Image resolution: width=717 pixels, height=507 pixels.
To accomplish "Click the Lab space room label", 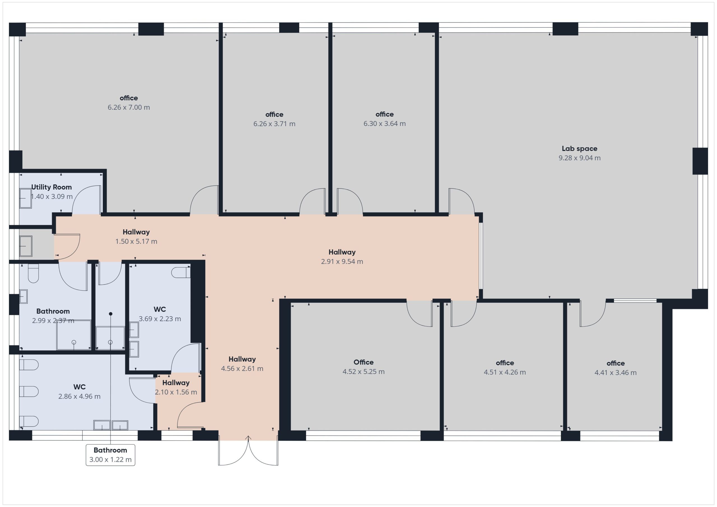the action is pyautogui.click(x=579, y=149).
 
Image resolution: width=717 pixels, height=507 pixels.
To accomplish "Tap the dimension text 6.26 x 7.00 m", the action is pyautogui.click(x=129, y=108).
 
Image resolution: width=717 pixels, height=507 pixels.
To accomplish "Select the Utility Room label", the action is pyautogui.click(x=52, y=187).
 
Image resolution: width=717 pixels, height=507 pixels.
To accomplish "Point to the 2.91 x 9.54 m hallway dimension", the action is pyautogui.click(x=342, y=261).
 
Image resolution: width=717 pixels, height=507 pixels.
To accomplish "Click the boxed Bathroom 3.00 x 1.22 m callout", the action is pyautogui.click(x=111, y=455).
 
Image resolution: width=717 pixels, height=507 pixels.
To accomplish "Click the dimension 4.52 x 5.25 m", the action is pyautogui.click(x=364, y=372).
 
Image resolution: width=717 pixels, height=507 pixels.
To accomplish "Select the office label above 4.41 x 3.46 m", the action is pyautogui.click(x=616, y=363).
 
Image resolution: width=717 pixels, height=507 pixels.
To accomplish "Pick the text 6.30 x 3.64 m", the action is pyautogui.click(x=385, y=124).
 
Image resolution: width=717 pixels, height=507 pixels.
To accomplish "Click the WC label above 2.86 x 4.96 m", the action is pyautogui.click(x=79, y=387).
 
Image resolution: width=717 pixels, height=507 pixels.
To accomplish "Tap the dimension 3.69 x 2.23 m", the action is pyautogui.click(x=160, y=319).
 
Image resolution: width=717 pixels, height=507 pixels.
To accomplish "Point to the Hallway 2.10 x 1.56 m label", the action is pyautogui.click(x=176, y=387).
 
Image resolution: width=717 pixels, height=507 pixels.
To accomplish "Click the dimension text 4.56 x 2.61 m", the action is pyautogui.click(x=242, y=369).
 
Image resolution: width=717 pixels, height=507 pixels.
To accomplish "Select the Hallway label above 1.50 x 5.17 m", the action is pyautogui.click(x=136, y=232).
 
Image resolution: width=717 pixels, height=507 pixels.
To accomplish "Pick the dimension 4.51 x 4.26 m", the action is pyautogui.click(x=505, y=372).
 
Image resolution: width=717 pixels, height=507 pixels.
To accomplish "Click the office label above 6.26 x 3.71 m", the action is pyautogui.click(x=274, y=115).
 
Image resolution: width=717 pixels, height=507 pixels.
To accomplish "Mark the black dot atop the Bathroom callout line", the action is pyautogui.click(x=111, y=314).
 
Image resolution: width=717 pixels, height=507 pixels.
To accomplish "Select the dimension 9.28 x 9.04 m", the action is pyautogui.click(x=579, y=158).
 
